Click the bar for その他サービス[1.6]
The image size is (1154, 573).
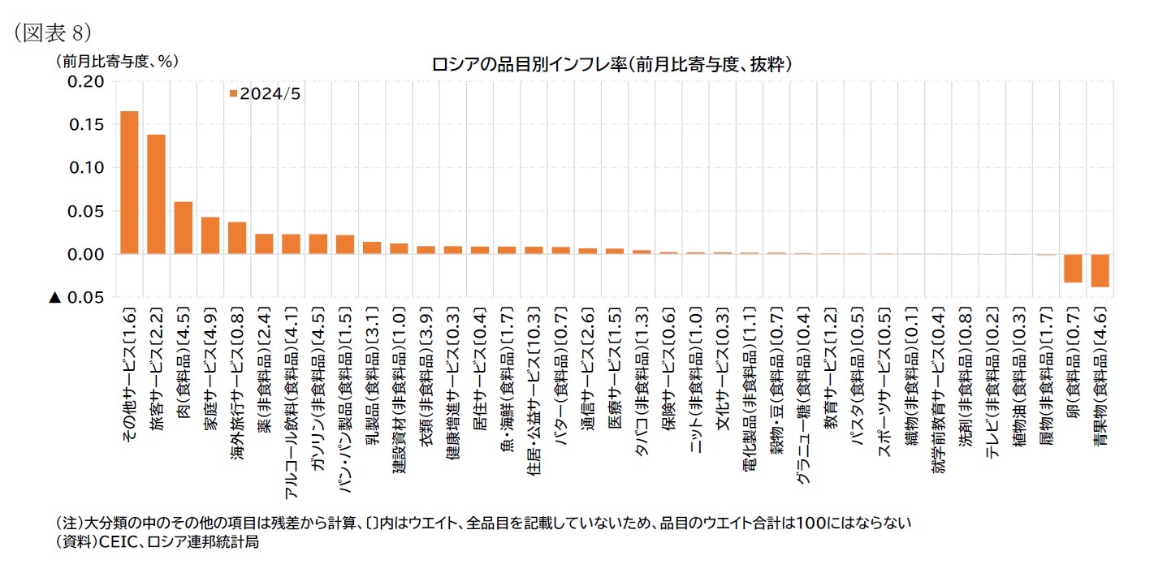point(129,183)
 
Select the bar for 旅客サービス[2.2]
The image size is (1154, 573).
point(156,194)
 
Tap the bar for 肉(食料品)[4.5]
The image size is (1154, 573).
point(183,228)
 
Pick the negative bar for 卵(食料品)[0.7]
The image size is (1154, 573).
point(1073,268)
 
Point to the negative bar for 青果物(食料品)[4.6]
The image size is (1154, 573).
point(1100,270)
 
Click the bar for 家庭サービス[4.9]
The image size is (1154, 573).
point(210,235)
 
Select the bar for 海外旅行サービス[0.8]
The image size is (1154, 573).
point(237,238)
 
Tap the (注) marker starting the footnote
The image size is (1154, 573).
point(67,523)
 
